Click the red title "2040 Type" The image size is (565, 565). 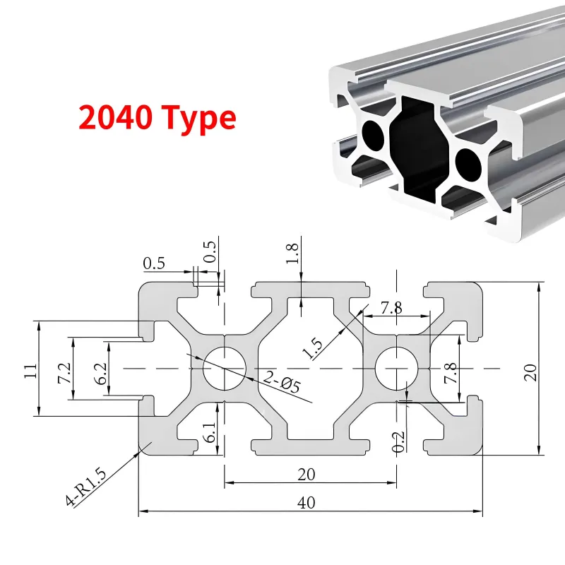click(x=157, y=119)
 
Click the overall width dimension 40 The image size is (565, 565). click(x=307, y=502)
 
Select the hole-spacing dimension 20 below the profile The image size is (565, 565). click(x=307, y=474)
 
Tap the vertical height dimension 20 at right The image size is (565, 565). click(x=530, y=373)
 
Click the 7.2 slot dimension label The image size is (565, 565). click(x=65, y=373)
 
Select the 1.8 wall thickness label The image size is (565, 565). click(x=292, y=254)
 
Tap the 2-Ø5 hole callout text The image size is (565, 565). click(x=282, y=382)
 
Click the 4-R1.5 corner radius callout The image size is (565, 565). click(x=86, y=486)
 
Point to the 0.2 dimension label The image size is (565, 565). click(x=398, y=442)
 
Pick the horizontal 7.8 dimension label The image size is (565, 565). click(x=391, y=308)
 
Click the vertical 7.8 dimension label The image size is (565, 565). click(x=451, y=373)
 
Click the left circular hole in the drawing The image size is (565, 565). click(x=225, y=368)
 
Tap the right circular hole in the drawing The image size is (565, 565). click(x=397, y=368)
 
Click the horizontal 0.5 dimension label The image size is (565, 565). click(x=154, y=263)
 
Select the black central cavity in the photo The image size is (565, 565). click(x=420, y=150)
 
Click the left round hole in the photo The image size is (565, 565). click(x=374, y=135)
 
